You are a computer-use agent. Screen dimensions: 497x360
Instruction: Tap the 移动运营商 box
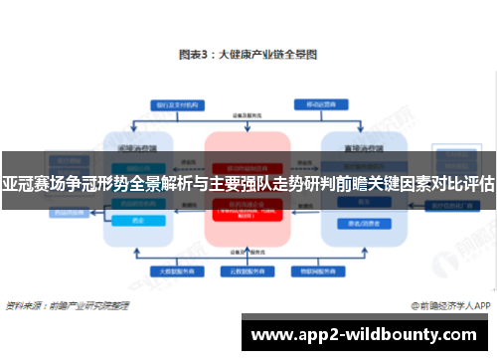(318, 103)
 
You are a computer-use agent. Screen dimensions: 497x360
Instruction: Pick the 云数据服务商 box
(246, 270)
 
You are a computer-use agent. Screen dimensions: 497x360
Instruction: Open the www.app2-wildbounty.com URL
(364, 335)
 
